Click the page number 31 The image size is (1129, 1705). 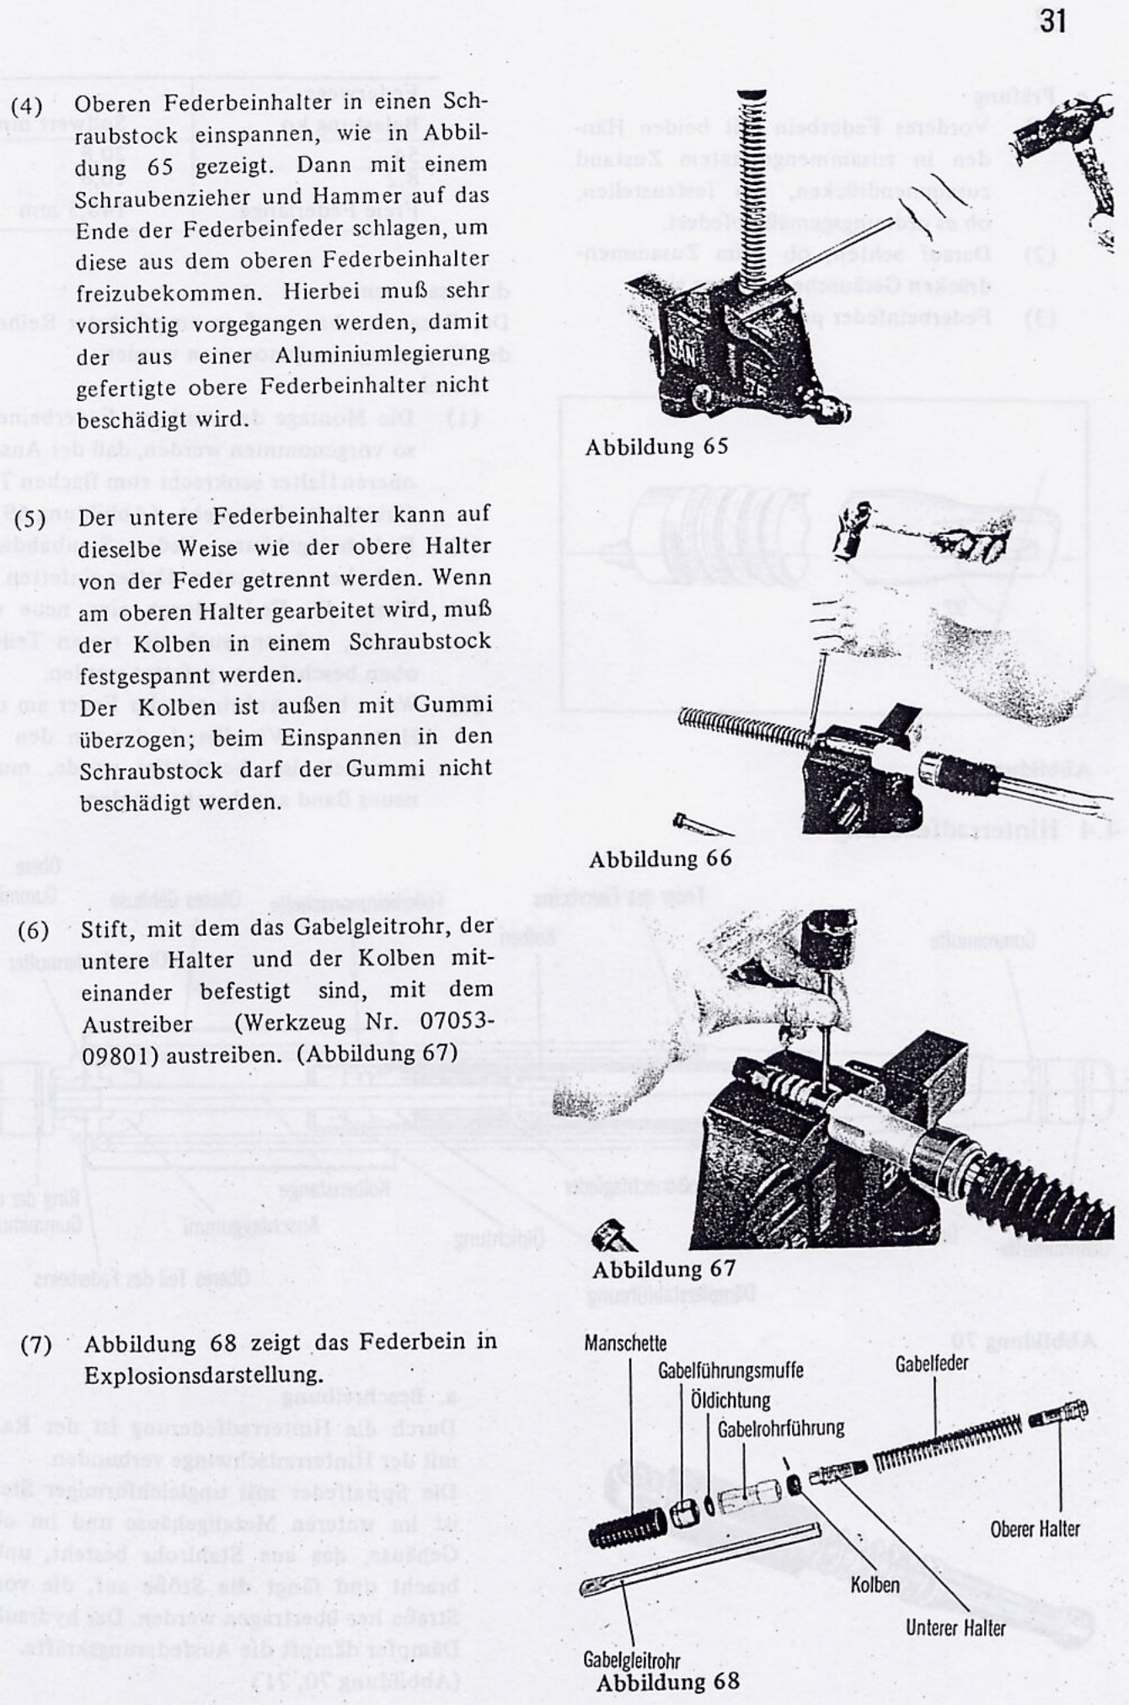pyautogui.click(x=1052, y=21)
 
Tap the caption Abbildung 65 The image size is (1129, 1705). pyautogui.click(x=656, y=446)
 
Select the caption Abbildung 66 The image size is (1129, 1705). pyautogui.click(x=660, y=859)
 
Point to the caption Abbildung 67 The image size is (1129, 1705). pyautogui.click(x=664, y=1269)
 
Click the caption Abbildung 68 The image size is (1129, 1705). pyautogui.click(x=667, y=1681)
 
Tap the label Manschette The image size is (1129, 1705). pyautogui.click(x=625, y=1344)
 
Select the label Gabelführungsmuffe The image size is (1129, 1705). pyautogui.click(x=730, y=1371)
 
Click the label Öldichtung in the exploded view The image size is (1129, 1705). pyautogui.click(x=730, y=1400)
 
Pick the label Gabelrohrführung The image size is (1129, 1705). pyautogui.click(x=781, y=1428)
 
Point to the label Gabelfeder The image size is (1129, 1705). pyautogui.click(x=932, y=1363)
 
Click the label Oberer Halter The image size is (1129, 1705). pyautogui.click(x=1035, y=1528)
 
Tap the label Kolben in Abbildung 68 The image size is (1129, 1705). pyautogui.click(x=875, y=1584)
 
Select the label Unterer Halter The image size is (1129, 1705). pyautogui.click(x=955, y=1627)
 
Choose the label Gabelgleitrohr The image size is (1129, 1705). pyautogui.click(x=631, y=1660)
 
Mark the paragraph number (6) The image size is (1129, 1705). pyautogui.click(x=34, y=930)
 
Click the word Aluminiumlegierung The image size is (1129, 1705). pyautogui.click(x=382, y=355)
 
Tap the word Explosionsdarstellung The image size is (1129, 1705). pyautogui.click(x=203, y=1376)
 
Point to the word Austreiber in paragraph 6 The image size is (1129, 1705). pyautogui.click(x=137, y=1024)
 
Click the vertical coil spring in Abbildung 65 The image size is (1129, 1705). pyautogui.click(x=752, y=185)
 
